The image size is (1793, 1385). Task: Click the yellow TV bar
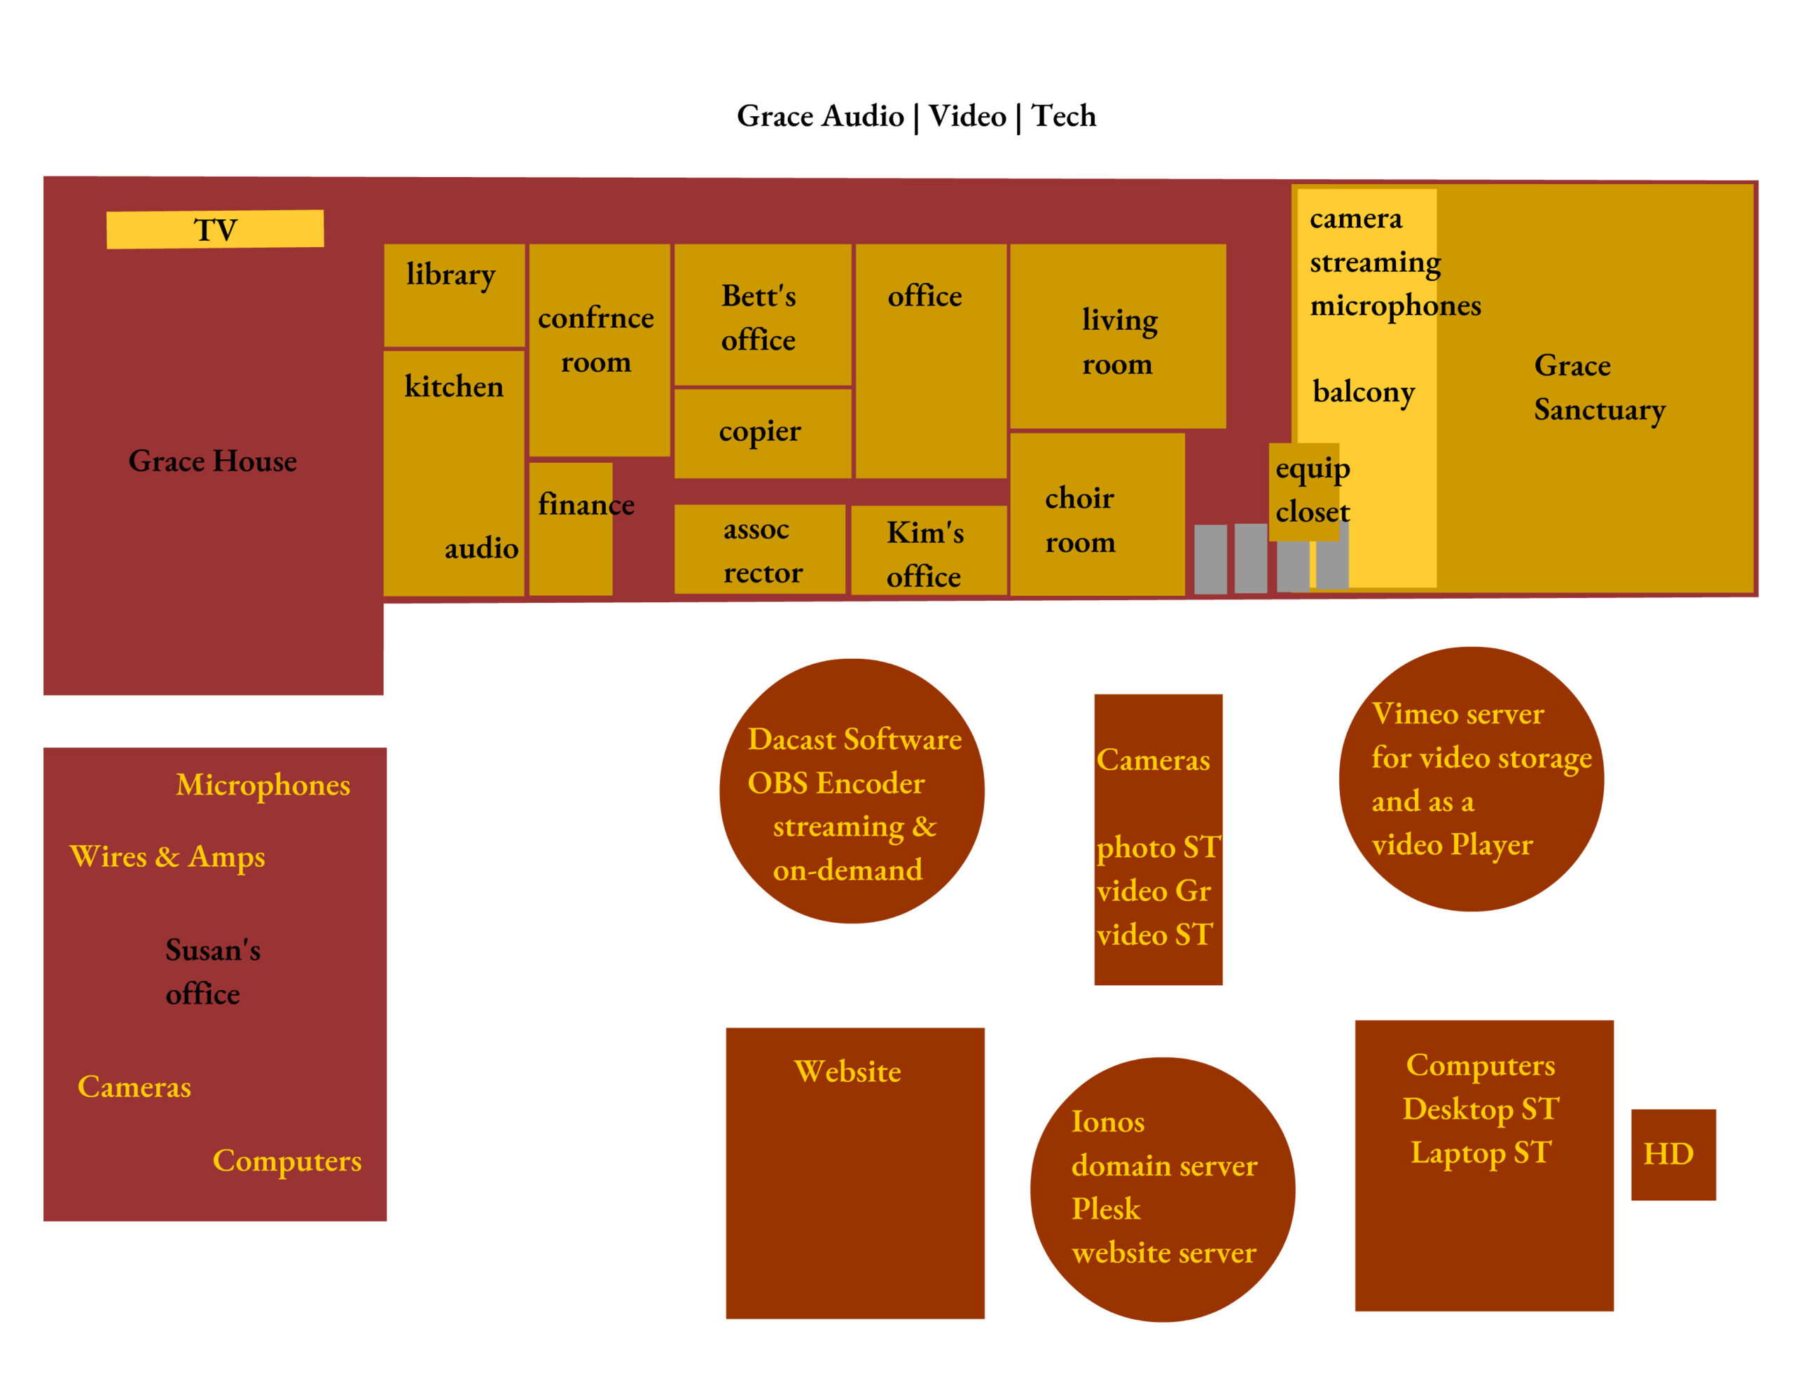point(215,229)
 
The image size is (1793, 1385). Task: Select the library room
point(454,295)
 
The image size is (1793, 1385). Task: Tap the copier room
point(762,433)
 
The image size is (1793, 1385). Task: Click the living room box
point(1117,336)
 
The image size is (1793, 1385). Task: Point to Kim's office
point(928,551)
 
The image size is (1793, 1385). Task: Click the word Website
point(847,1071)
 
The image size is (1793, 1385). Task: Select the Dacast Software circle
point(852,791)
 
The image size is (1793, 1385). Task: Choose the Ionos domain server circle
point(1163,1190)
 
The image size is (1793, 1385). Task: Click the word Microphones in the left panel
point(263,785)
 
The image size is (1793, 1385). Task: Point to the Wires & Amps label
point(167,856)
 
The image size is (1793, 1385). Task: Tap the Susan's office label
point(211,972)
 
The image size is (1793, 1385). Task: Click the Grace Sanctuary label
point(1598,387)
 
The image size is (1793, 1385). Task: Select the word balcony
point(1364,392)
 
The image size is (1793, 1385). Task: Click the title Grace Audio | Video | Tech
point(916,116)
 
